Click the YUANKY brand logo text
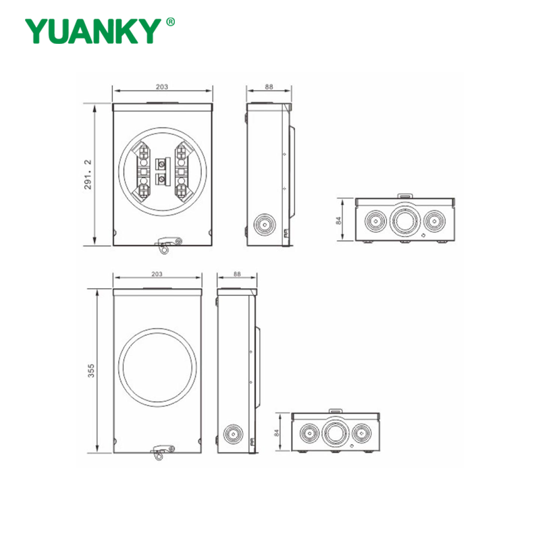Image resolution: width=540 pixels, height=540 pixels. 94,30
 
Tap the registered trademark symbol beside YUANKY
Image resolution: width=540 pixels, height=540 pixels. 171,22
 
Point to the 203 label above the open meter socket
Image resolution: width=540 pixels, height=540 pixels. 161,86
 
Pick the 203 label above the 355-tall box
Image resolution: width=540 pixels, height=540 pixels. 157,275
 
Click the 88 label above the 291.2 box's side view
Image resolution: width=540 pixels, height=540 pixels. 269,86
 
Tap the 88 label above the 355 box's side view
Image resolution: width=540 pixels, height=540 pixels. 236,275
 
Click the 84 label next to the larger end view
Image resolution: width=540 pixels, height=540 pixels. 340,220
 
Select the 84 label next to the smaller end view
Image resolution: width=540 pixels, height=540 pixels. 277,433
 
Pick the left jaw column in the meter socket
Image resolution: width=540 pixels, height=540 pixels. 143,171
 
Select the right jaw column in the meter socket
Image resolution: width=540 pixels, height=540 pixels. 180,171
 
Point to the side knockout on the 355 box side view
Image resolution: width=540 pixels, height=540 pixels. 232,433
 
